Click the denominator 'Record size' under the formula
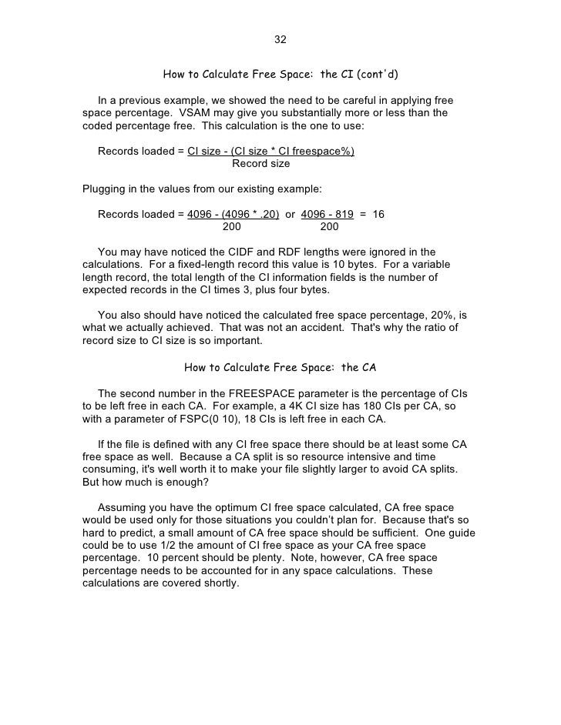261,163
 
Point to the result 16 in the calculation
378,214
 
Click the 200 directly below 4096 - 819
329,227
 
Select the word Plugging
104,189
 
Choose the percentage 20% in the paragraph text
434,316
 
